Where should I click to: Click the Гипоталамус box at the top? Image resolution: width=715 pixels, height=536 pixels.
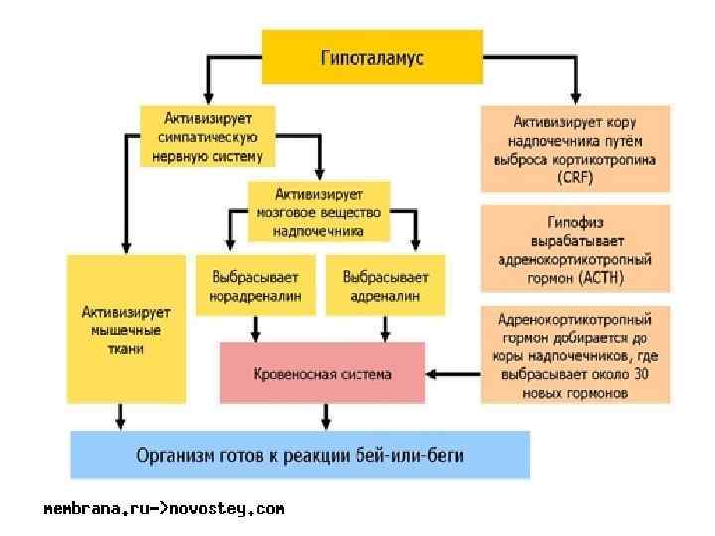371,57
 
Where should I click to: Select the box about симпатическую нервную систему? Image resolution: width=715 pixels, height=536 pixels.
207,135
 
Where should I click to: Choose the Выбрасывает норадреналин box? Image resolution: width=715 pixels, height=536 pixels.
256,286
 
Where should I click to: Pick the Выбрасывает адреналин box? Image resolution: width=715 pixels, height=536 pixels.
385,286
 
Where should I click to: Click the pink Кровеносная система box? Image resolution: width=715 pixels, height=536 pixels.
322,374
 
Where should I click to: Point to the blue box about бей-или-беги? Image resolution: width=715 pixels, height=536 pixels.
300,456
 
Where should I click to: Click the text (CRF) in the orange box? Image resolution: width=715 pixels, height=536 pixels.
574,176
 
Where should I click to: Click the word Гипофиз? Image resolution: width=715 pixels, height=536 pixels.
574,223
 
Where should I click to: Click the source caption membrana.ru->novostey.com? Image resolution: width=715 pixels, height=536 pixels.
163,509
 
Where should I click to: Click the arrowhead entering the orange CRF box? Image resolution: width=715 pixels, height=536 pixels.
574,99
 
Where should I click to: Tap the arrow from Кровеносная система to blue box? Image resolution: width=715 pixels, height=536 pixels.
322,416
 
